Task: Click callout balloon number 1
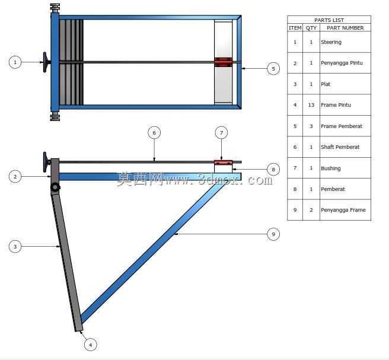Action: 15,62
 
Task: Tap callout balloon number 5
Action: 273,69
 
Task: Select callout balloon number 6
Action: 154,133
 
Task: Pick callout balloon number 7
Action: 221,133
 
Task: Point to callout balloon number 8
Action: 273,170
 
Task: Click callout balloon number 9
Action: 273,234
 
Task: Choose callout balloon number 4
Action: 90,345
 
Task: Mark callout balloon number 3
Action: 15,247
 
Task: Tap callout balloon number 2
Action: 15,177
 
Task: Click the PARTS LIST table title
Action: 329,20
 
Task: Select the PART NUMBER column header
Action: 345,28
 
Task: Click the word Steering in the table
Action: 331,42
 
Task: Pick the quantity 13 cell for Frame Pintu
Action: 311,105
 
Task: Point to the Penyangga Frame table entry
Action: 343,210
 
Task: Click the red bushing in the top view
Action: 224,62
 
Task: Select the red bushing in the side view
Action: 224,163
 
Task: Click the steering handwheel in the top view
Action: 46,62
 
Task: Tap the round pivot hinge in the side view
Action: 55,187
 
